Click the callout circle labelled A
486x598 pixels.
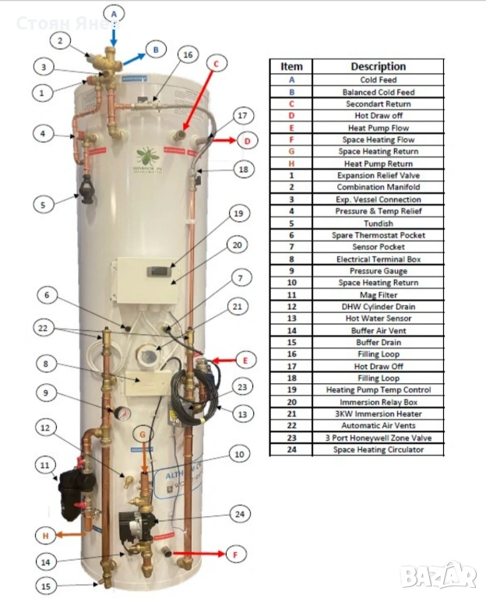coord(114,13)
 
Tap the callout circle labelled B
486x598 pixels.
coord(156,50)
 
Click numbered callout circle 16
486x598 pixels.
coord(187,55)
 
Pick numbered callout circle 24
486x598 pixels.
coord(239,513)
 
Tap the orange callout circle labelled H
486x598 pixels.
coord(46,535)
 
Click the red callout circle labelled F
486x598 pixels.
coord(236,555)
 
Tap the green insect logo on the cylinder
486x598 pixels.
coord(146,157)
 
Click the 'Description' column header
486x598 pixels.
coord(378,67)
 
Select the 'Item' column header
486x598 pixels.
coord(291,67)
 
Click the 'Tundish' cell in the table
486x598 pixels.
coord(378,223)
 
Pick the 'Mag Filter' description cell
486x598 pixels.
coord(378,294)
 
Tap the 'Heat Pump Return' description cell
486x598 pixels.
coord(378,164)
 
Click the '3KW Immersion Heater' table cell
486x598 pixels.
coord(378,413)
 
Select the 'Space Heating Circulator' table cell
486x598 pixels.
coord(378,449)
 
